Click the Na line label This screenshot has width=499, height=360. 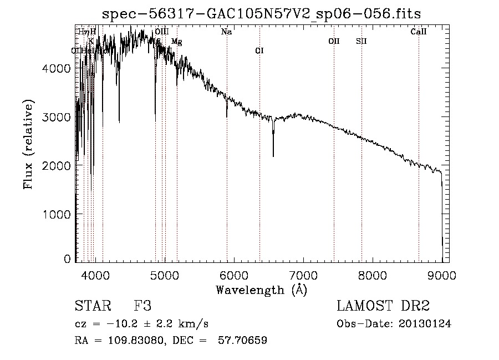click(226, 32)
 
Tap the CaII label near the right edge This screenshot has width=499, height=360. click(418, 32)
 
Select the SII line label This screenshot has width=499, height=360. click(361, 41)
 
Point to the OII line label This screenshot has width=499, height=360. click(334, 41)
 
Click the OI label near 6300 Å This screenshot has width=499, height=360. click(259, 51)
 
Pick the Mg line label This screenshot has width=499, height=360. click(176, 42)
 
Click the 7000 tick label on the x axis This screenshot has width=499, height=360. click(303, 275)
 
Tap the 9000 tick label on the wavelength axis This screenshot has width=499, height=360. click(442, 275)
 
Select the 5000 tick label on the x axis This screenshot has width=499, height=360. click(165, 275)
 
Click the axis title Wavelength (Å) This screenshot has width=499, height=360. click(261, 290)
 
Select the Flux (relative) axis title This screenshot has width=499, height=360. click(28, 144)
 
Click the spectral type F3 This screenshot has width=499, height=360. click(142, 306)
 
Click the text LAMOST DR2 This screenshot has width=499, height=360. click(383, 306)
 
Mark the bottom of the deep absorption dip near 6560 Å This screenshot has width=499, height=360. click(273, 156)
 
